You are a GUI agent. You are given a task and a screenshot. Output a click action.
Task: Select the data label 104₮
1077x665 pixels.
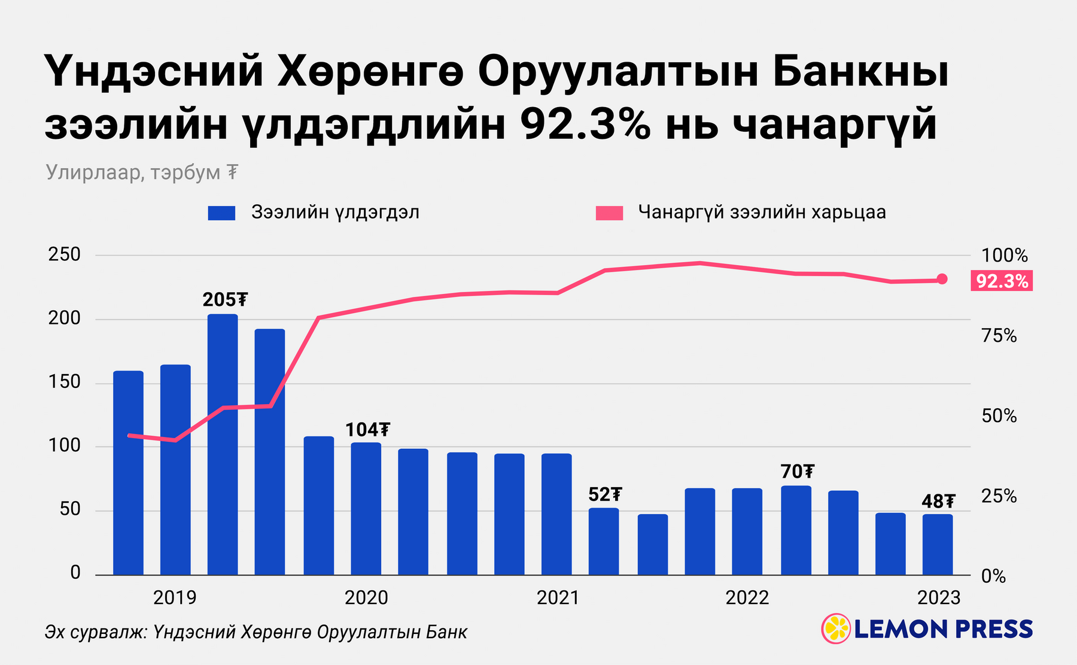click(x=367, y=430)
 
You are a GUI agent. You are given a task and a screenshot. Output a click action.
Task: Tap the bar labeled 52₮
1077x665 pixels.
click(x=604, y=542)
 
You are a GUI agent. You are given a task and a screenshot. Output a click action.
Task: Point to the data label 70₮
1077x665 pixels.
click(x=798, y=472)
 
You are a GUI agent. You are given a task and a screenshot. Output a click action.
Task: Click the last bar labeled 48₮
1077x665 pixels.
click(x=938, y=545)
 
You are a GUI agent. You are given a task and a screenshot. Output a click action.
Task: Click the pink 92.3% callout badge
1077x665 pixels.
click(x=1002, y=281)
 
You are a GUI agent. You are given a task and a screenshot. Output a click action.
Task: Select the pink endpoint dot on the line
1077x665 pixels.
click(x=942, y=279)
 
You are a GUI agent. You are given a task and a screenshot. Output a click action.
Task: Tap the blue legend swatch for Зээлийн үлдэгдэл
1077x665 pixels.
click(x=221, y=213)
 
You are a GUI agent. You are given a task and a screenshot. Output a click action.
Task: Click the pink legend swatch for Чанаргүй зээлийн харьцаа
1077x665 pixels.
click(x=609, y=213)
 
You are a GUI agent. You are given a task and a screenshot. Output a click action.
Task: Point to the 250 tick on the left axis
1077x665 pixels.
click(x=64, y=254)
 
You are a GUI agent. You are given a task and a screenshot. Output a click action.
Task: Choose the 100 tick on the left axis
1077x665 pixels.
click(x=64, y=445)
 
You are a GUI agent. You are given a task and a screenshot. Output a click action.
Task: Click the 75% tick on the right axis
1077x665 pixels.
click(x=999, y=336)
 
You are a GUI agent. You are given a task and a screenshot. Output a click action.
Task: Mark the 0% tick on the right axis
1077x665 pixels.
click(x=993, y=576)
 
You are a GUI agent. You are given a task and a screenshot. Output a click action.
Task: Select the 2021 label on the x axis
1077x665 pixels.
click(x=558, y=597)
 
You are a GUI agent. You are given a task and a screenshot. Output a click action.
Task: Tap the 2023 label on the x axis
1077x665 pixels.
click(x=938, y=597)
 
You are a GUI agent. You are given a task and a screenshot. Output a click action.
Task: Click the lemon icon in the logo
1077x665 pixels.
click(x=836, y=628)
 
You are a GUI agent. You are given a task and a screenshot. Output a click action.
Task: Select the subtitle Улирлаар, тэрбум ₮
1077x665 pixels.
click(x=142, y=172)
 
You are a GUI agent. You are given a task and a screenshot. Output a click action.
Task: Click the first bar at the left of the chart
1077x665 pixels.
click(x=128, y=473)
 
